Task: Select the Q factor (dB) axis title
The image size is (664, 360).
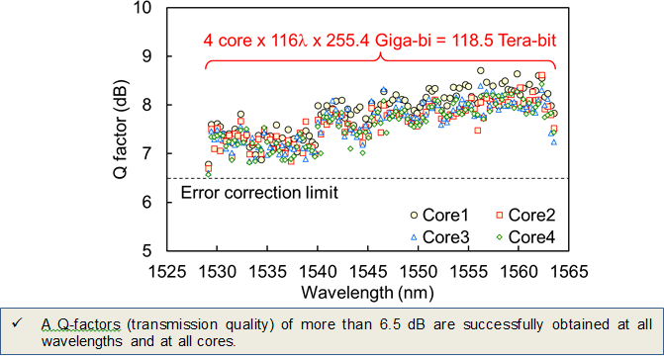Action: click(x=117, y=130)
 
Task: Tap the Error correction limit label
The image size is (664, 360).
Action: click(x=260, y=192)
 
